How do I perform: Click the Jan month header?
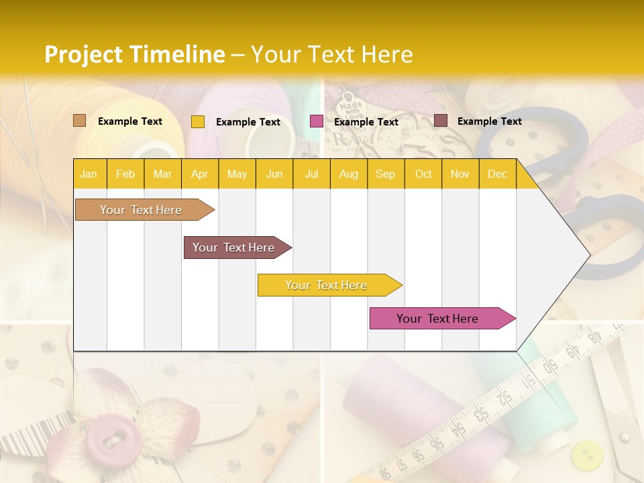click(x=89, y=174)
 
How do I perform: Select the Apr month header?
click(x=199, y=174)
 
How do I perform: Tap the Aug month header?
click(x=348, y=174)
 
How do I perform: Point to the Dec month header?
click(x=497, y=174)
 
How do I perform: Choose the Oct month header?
click(x=423, y=174)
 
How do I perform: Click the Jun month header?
click(x=274, y=174)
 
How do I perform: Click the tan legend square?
click(x=80, y=121)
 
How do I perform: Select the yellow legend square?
click(x=198, y=121)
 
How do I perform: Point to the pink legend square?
click(x=317, y=121)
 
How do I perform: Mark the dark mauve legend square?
click(x=441, y=121)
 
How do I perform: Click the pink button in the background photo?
click(x=109, y=437)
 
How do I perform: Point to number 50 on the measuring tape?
click(x=550, y=366)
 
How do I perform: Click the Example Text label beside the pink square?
click(x=366, y=122)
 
